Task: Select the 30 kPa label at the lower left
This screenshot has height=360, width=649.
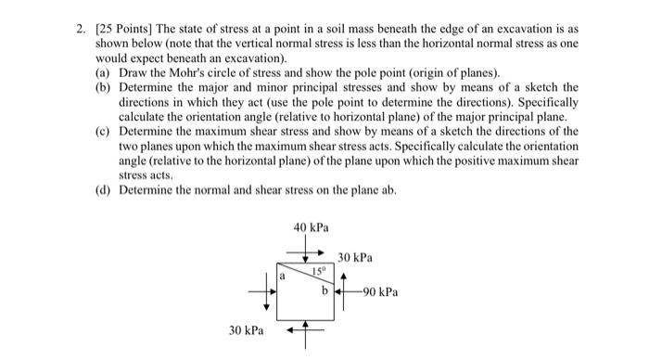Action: click(x=246, y=330)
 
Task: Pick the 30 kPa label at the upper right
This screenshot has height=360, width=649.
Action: click(x=356, y=257)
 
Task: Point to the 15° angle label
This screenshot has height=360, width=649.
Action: click(x=319, y=272)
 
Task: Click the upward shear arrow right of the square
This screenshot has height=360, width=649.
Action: click(x=342, y=282)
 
